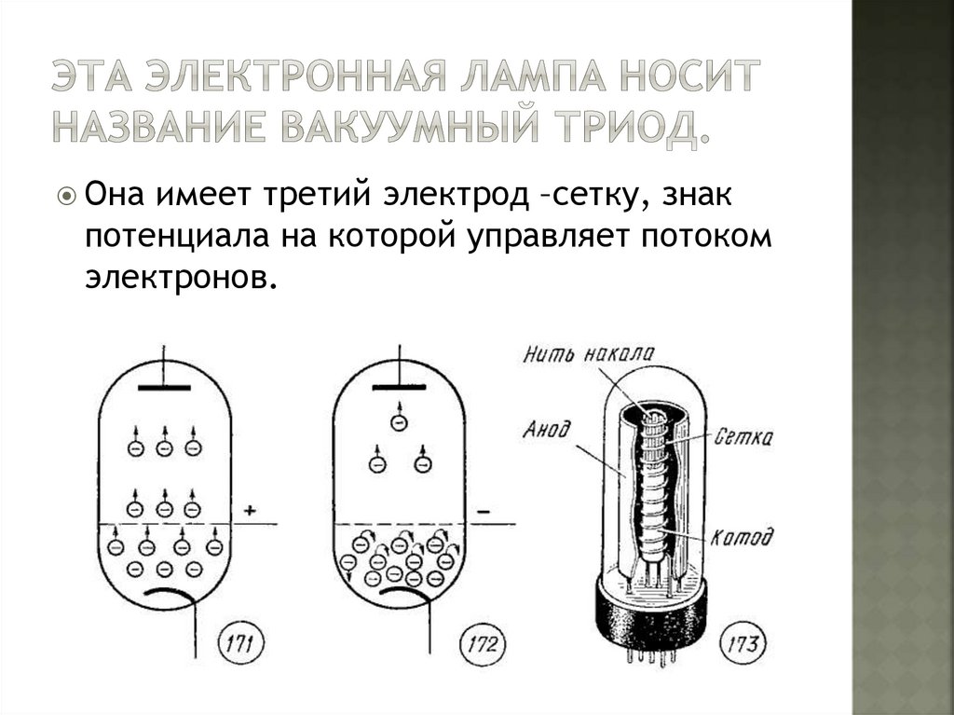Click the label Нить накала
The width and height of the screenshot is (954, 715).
pyautogui.click(x=588, y=354)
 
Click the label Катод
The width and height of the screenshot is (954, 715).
pyautogui.click(x=742, y=538)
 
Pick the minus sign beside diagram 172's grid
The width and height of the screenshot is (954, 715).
pyautogui.click(x=484, y=511)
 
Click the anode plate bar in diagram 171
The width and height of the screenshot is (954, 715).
pyautogui.click(x=164, y=385)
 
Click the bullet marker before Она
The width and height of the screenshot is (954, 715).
pyautogui.click(x=67, y=198)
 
